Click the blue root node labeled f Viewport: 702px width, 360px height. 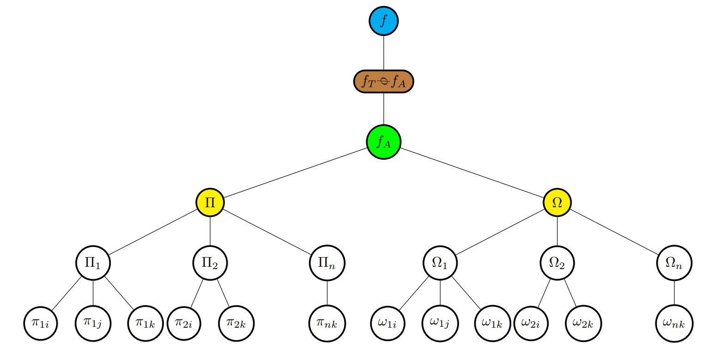pyautogui.click(x=383, y=21)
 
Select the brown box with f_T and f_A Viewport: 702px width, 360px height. pyautogui.click(x=383, y=82)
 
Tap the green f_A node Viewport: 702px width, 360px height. pyautogui.click(x=383, y=142)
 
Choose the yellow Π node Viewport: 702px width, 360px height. pyautogui.click(x=210, y=203)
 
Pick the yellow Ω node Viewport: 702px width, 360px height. pyautogui.click(x=557, y=203)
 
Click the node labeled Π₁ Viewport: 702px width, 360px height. pyautogui.click(x=94, y=263)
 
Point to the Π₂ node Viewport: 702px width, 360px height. pyautogui.click(x=210, y=263)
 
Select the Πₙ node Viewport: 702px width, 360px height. pyautogui.click(x=327, y=263)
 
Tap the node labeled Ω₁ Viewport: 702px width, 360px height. pyautogui.click(x=440, y=263)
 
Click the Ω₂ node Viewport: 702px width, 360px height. pyautogui.click(x=557, y=263)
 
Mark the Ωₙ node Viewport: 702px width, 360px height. pyautogui.click(x=674, y=263)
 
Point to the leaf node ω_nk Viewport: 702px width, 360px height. pyautogui.click(x=674, y=323)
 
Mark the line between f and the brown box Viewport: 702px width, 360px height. pyautogui.click(x=383, y=53)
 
